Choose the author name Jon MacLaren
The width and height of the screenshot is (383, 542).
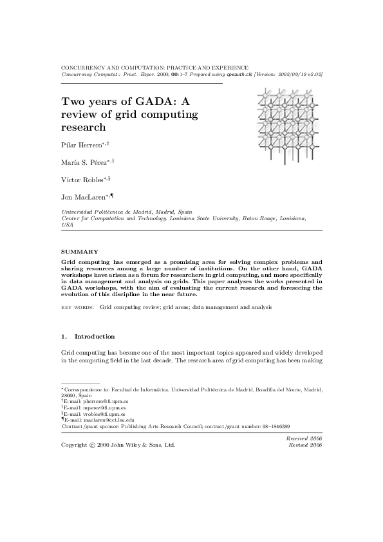click(x=84, y=198)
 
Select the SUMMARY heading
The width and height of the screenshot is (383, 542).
click(x=79, y=251)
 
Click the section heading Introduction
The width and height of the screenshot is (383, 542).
click(x=95, y=336)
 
